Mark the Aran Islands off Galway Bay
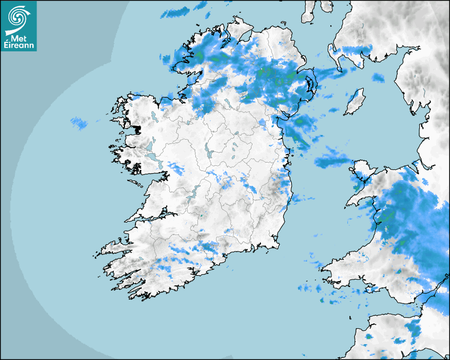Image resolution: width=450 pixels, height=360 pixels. [x=136, y=185]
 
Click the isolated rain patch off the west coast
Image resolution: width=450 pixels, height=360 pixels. [x=79, y=124]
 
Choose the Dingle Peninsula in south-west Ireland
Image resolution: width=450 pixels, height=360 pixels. [x=114, y=247]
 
